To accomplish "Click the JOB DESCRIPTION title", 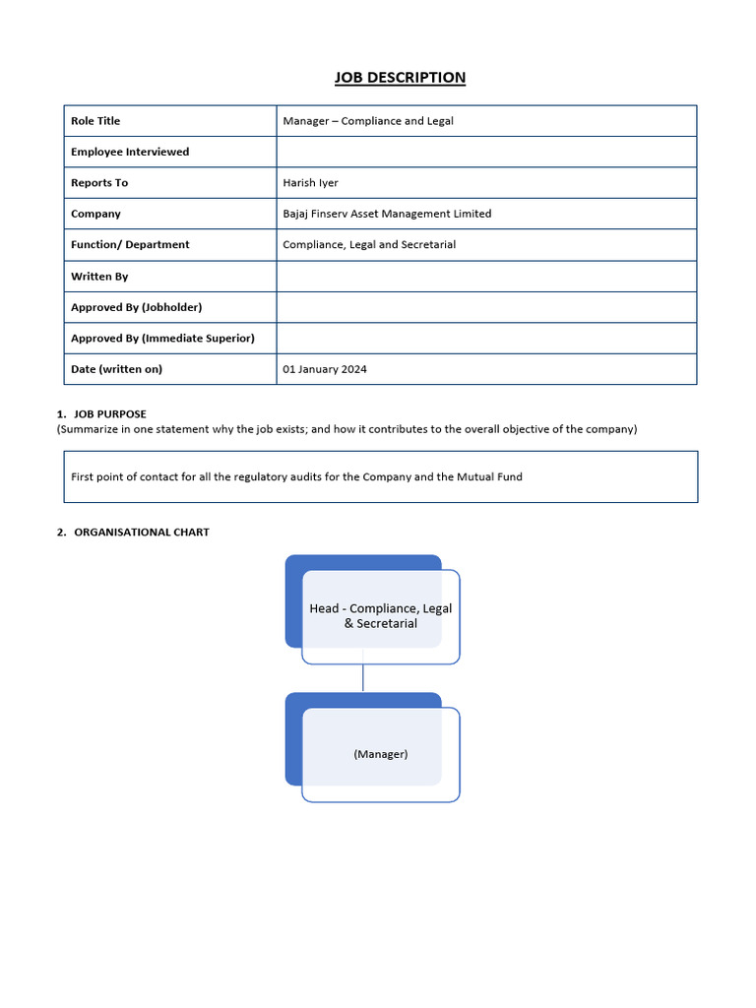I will [400, 78].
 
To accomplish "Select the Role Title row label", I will [95, 121].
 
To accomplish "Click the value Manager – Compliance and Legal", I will [367, 121].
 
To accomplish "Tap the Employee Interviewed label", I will [130, 152].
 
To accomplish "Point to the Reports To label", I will [99, 183].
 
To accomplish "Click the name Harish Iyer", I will [310, 183].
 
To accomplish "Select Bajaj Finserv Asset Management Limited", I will [387, 214].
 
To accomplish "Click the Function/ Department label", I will [130, 244].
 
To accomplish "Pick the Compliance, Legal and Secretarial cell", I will [369, 244].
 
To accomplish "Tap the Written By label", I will [99, 277].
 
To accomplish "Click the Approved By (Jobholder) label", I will [136, 307].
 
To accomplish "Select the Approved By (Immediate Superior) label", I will [162, 338].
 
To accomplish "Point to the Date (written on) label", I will [116, 369].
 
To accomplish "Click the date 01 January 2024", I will [325, 369].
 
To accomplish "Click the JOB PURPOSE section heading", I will [109, 414].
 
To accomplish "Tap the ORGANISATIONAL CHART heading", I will [141, 533].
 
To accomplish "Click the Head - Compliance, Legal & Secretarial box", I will [380, 616].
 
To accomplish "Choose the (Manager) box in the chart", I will [380, 754].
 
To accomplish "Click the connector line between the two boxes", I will [363, 678].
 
